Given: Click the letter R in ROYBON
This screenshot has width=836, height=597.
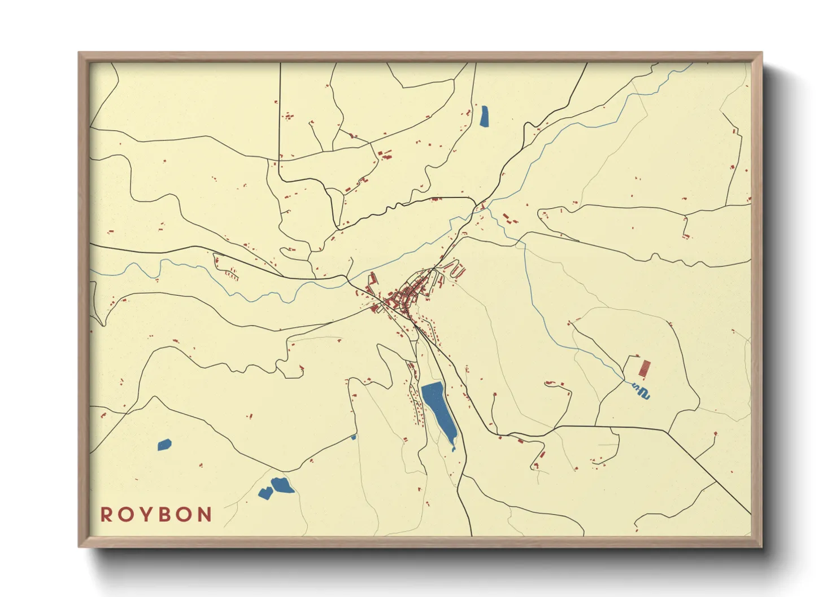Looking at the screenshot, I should coord(106,515).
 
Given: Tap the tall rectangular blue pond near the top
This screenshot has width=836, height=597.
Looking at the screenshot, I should coord(484,116).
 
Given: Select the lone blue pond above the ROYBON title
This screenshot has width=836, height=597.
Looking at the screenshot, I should coord(164,445).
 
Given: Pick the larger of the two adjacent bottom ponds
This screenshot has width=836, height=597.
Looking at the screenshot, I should coord(282,485).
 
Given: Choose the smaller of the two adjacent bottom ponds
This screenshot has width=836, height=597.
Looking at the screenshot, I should coord(265,493).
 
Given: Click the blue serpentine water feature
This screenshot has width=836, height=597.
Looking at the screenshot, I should coord(641,391).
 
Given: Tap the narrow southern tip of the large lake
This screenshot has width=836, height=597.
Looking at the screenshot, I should coord(453,448).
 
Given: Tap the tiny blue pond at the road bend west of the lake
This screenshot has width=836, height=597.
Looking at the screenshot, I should coord(354,437).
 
